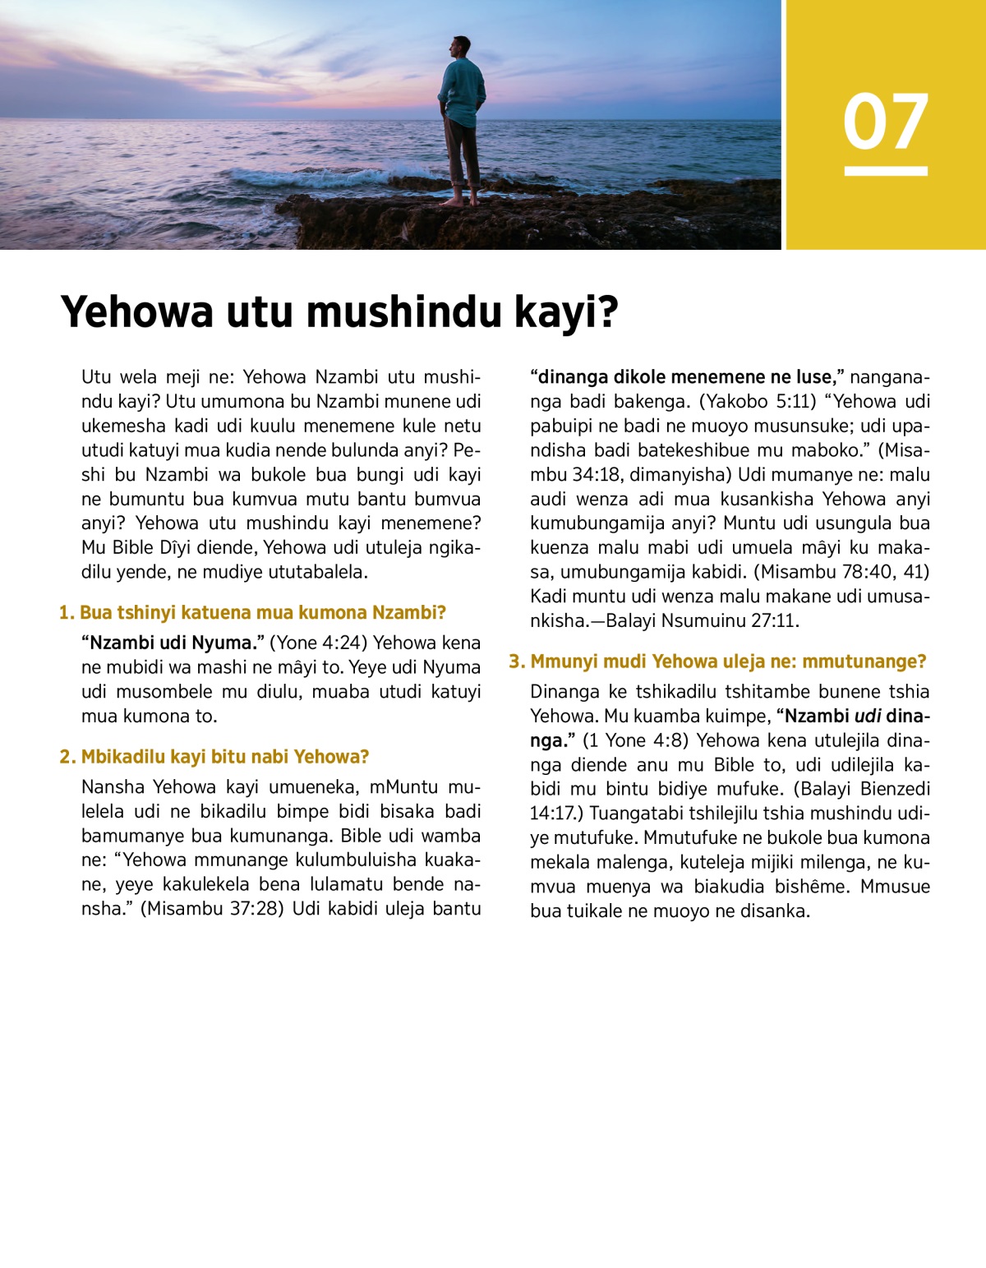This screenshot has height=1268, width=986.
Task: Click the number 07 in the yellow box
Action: [x=885, y=122]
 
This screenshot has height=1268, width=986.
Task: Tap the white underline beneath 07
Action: [x=885, y=171]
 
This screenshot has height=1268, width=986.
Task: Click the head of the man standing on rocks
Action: [x=462, y=47]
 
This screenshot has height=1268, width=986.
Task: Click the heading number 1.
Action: [x=66, y=613]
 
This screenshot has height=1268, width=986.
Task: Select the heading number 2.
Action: [x=67, y=757]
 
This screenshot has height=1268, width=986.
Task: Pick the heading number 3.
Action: [x=516, y=662]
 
